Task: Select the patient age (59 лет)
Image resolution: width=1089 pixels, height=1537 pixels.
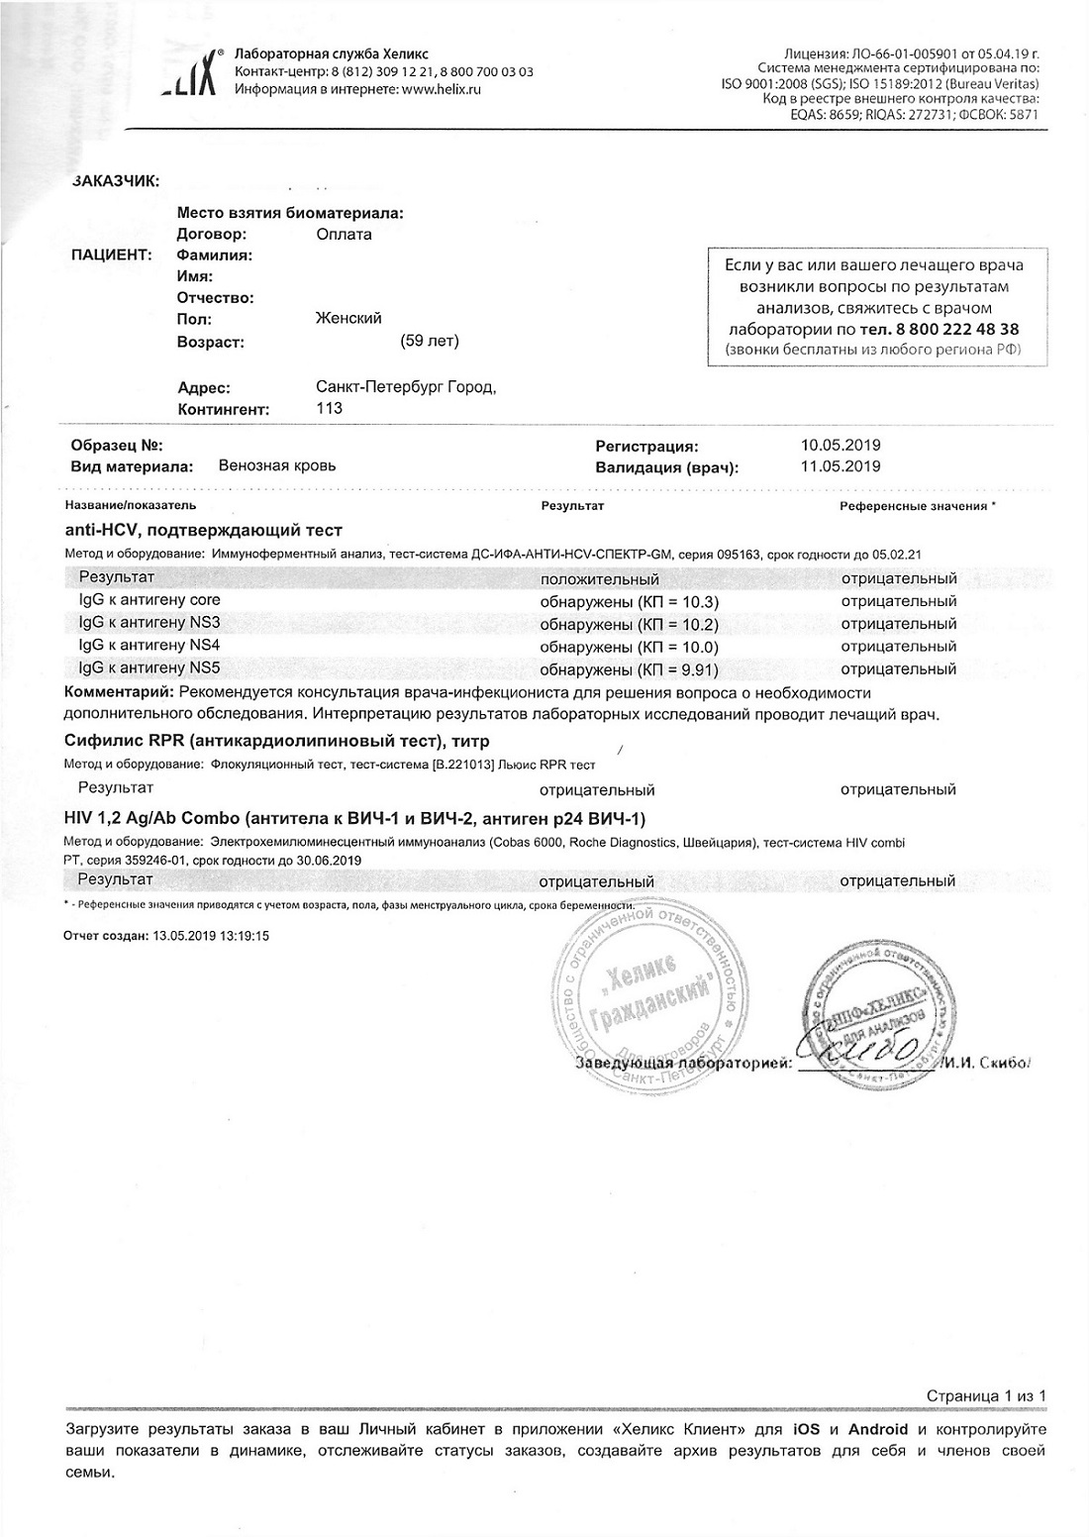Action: point(430,341)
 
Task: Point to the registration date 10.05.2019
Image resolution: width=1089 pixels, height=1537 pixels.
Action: point(840,446)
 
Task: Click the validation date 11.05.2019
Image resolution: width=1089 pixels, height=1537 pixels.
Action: point(840,466)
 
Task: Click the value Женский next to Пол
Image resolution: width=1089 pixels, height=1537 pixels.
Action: point(347,318)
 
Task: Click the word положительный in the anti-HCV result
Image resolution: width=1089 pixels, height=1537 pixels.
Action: point(599,579)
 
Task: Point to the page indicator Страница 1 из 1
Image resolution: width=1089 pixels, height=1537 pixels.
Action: point(986,1396)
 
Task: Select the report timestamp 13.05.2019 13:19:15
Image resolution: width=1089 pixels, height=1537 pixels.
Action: point(210,935)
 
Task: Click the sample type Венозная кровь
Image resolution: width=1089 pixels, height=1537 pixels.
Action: point(277,465)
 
